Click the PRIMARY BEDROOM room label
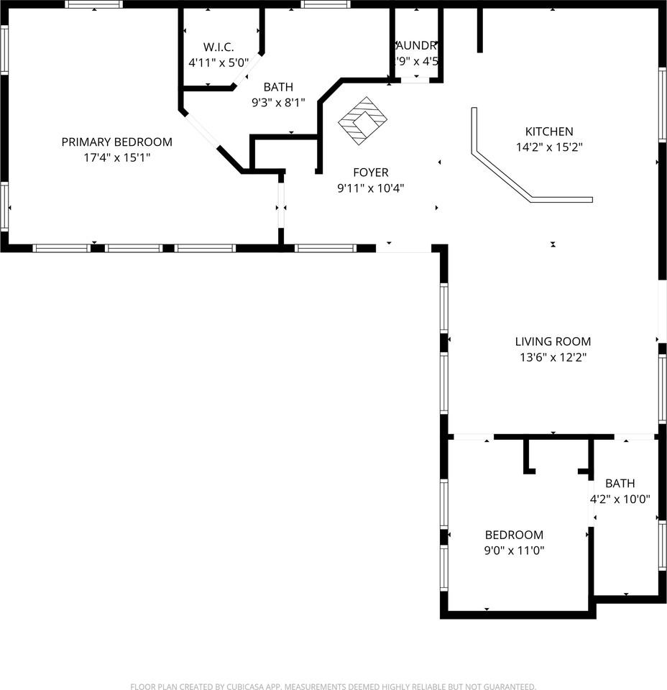point(116,142)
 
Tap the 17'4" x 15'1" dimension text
point(116,157)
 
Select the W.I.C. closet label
point(218,47)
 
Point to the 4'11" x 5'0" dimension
point(218,63)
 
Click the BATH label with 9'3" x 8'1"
point(277,87)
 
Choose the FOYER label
point(370,172)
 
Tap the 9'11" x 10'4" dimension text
point(370,188)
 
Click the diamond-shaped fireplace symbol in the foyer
point(362,120)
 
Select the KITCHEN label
point(549,132)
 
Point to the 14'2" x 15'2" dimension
point(549,147)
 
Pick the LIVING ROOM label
point(553,341)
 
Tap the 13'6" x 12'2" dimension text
point(553,357)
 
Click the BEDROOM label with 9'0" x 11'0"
point(514,535)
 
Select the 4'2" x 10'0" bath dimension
point(620,498)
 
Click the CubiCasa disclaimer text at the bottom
point(333,686)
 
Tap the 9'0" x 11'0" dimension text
point(514,551)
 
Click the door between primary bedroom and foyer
point(281,206)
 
